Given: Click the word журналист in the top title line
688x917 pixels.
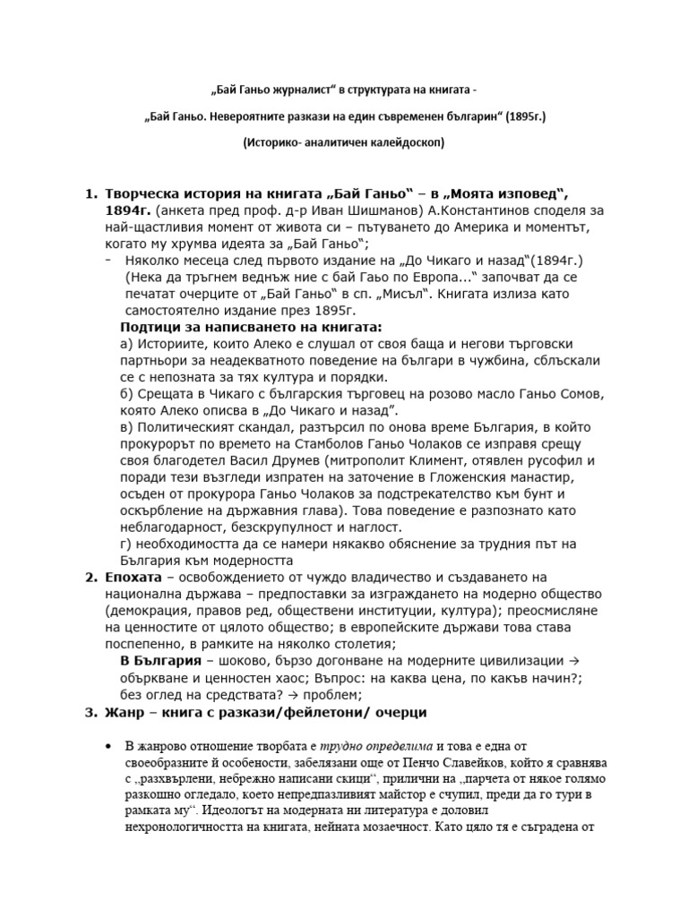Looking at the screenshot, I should [x=288, y=90].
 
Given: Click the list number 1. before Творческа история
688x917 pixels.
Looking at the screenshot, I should [x=90, y=194].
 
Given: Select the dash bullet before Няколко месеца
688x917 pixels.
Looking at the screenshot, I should [x=107, y=261].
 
